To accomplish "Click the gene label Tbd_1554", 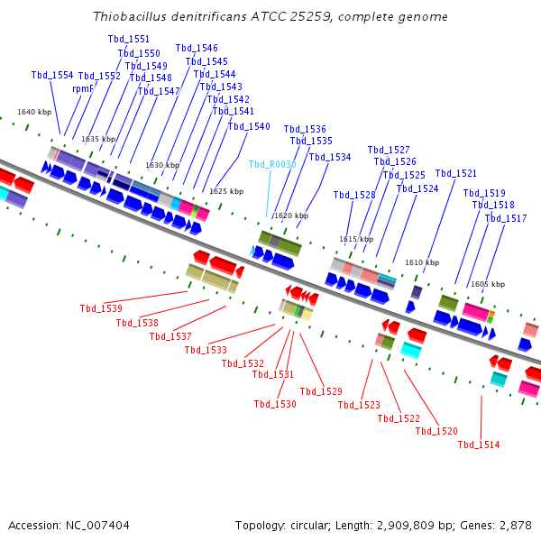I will pos(52,76).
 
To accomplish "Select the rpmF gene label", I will pos(83,89).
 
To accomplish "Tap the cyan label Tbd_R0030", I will pos(272,164).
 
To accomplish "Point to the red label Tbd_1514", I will pos(479,445).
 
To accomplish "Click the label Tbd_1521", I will pos(456,173).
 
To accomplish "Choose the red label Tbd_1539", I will pos(101,308).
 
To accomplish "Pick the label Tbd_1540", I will pos(249,126).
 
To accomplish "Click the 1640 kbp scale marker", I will pos(34,112).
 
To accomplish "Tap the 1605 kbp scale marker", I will pos(488,284).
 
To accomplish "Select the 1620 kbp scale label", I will pos(290,215).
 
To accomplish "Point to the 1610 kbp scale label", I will pos(422,262).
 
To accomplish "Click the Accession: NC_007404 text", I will pos(69,525).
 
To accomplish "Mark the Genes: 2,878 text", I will pos(500,525).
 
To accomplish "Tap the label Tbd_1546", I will pos(197,49).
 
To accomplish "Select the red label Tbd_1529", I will pos(321,391).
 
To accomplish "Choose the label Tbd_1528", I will pos(354,195).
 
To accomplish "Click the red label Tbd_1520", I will pos(436,431).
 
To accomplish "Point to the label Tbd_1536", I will pos(305,129).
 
